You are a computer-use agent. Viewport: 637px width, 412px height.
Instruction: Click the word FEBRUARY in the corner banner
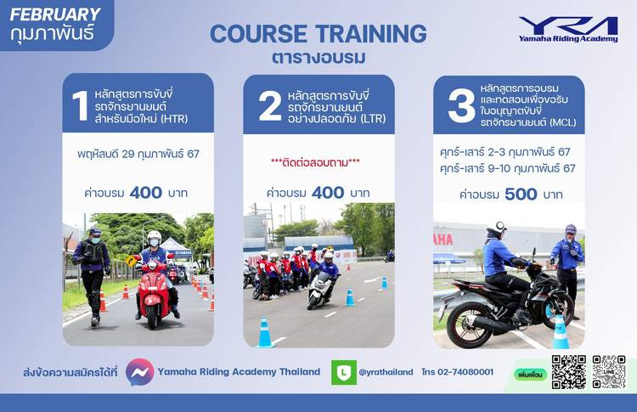click(55, 14)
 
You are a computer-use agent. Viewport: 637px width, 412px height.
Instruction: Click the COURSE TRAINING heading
click(318, 34)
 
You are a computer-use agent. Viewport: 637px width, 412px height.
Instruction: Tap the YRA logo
click(568, 29)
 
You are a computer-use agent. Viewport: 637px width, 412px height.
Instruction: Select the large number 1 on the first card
click(81, 105)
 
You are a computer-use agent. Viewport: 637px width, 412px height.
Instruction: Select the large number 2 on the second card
click(270, 106)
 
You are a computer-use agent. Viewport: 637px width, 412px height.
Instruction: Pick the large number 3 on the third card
click(461, 106)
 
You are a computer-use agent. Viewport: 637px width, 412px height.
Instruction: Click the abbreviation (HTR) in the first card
click(174, 119)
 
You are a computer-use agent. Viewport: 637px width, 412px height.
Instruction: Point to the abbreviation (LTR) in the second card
click(373, 119)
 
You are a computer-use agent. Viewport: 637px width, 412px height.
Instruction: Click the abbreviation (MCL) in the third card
click(562, 122)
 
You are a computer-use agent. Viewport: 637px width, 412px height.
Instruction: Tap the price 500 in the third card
click(521, 195)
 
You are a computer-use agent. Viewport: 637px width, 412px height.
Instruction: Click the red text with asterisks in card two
click(315, 162)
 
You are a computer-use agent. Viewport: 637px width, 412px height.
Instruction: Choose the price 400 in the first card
click(146, 193)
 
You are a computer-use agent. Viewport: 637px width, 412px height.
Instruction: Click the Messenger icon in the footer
click(140, 372)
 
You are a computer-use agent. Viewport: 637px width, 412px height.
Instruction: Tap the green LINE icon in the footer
click(344, 372)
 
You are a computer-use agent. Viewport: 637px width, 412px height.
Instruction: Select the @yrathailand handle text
click(386, 372)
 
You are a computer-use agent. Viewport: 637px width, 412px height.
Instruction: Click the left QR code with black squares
click(568, 372)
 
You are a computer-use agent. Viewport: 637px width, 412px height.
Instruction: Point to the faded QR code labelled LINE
click(609, 372)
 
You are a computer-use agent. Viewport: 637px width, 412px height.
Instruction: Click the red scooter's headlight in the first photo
click(152, 266)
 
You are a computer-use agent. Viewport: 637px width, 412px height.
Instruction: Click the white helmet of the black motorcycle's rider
click(499, 229)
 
